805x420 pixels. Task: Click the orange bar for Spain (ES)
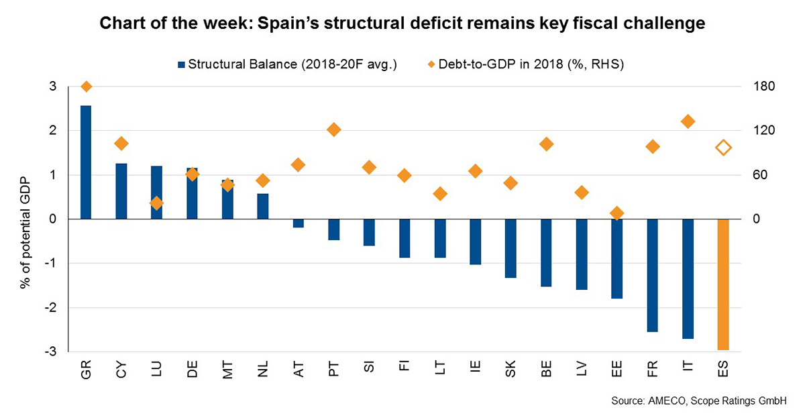point(722,284)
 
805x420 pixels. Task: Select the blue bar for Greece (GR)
point(86,162)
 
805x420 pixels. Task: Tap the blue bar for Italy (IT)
point(688,279)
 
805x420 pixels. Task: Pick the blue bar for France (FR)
point(653,275)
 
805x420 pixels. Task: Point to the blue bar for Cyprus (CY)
point(121,191)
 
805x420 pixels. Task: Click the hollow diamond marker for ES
point(723,148)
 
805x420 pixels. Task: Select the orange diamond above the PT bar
point(334,129)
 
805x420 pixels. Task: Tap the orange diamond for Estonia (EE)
point(617,213)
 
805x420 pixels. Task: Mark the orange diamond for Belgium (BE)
point(546,144)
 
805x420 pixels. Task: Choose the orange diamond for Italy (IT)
point(688,121)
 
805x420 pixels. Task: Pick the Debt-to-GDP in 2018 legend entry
point(526,65)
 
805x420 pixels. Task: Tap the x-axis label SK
point(511,370)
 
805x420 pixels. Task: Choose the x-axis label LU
point(156,370)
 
